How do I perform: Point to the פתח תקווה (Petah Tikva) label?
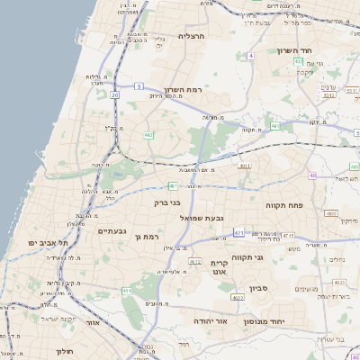coord(286,206)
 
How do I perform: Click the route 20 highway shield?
coord(115,94)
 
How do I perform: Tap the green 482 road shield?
coord(148,135)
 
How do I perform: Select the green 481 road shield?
coord(173,186)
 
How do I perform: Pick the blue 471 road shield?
coord(239,232)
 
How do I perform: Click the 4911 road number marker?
coord(244,166)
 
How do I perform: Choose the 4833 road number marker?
coord(330,213)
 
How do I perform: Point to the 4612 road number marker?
coord(193,261)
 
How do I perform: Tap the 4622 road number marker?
coord(238,296)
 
